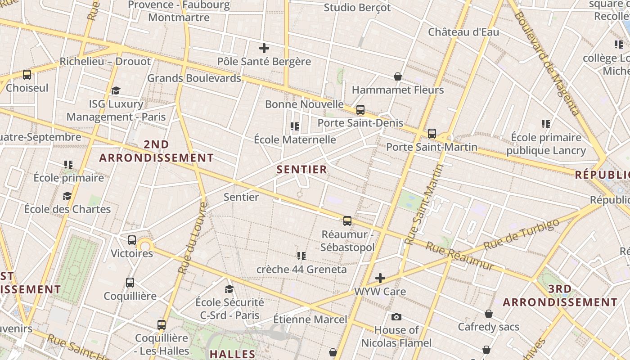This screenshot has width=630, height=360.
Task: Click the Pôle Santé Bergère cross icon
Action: [264, 48]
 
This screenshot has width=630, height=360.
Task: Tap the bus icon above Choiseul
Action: [27, 75]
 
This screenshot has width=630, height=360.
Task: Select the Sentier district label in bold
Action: [301, 170]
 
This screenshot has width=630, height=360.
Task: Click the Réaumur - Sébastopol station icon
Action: [347, 221]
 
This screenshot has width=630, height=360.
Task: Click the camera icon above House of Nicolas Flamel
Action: [396, 317]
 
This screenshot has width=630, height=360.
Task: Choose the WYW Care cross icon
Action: [380, 278]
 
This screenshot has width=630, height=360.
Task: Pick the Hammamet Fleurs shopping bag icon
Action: [398, 77]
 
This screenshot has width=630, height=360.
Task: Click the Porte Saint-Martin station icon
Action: [432, 134]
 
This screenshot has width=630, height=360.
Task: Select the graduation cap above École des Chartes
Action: [67, 196]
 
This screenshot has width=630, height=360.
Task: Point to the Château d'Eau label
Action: [463, 32]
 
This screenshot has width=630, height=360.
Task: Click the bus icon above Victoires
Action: [132, 240]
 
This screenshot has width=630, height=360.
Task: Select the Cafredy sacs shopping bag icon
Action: [489, 314]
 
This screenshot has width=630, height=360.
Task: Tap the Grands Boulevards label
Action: [194, 78]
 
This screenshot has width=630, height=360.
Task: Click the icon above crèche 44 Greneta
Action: [301, 256]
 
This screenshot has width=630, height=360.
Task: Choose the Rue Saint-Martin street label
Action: [423, 205]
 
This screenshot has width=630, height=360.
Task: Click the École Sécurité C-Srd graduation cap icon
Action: [229, 289]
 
